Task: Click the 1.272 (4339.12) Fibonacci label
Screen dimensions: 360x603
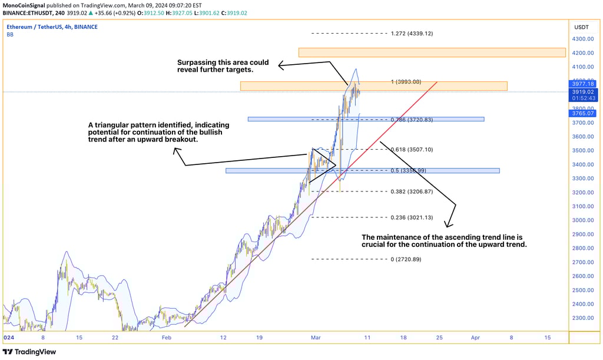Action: pos(412,34)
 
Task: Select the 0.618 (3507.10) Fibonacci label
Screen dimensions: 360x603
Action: pos(412,150)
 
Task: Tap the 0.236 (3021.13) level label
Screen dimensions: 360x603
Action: pos(412,217)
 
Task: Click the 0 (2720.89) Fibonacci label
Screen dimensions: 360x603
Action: pos(406,259)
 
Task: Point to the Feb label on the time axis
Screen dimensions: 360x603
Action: pos(167,338)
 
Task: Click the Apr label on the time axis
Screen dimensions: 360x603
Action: pos(476,338)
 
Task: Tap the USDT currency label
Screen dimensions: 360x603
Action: pos(581,27)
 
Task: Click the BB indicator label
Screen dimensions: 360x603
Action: pos(10,35)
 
